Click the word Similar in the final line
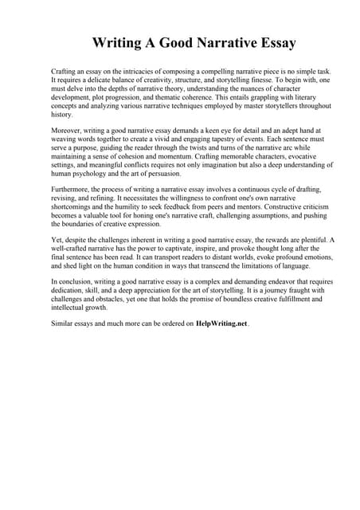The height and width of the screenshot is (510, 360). pos(63,324)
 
